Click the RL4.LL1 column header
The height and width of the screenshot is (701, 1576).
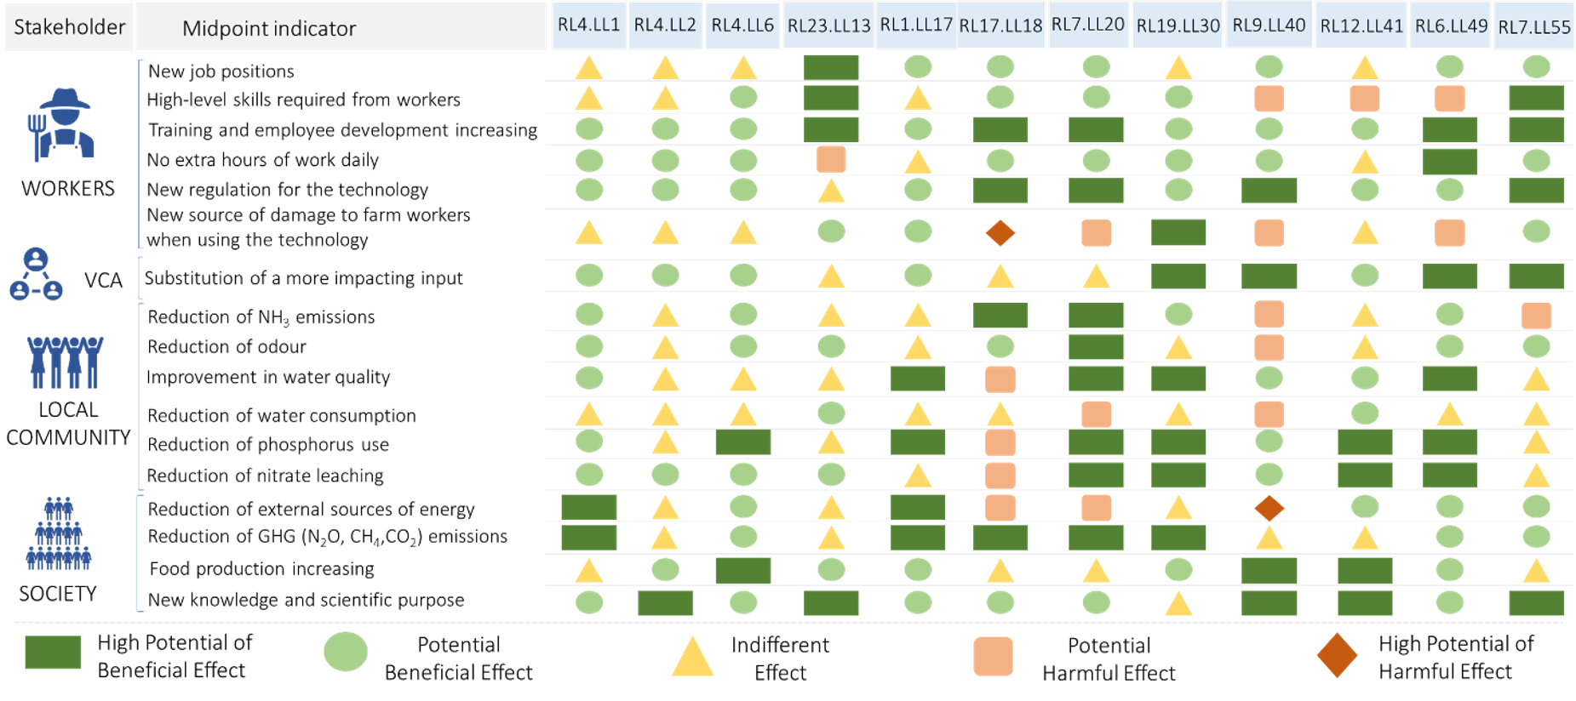588,26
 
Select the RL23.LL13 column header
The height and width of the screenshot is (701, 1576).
828,26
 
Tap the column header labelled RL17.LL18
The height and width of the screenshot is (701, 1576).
1000,26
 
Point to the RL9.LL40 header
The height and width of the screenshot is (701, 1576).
1269,26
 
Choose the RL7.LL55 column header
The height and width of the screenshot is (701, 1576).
1534,27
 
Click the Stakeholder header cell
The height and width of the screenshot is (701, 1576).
69,27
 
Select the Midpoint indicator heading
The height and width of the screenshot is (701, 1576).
269,29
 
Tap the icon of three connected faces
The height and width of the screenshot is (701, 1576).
36,274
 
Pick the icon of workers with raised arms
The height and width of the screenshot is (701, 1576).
65,362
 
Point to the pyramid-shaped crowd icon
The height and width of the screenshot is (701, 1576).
58,533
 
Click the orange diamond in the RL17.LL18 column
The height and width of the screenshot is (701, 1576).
1000,232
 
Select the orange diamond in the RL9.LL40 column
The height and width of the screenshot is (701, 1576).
1269,508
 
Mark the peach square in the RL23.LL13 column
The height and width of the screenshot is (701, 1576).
831,160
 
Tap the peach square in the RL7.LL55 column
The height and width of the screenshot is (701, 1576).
1536,316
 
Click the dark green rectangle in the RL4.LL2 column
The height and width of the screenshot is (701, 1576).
665,603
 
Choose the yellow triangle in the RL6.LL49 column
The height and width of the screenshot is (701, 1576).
1449,414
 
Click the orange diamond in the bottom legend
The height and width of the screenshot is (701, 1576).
1337,655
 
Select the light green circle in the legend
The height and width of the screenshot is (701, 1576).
346,653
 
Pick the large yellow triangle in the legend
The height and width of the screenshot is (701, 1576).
692,657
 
